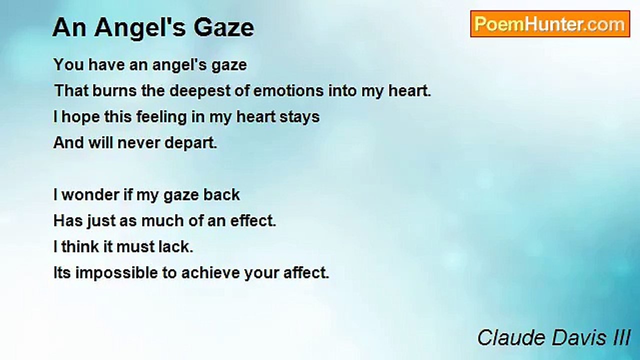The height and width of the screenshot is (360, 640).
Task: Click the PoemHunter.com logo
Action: tap(549, 24)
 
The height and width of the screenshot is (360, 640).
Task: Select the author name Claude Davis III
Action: tap(553, 337)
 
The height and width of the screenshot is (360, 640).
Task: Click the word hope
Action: tap(78, 117)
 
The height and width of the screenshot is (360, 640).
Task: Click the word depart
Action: tap(192, 143)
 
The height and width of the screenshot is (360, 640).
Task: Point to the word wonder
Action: tap(89, 195)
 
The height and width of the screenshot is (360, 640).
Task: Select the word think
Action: tap(79, 247)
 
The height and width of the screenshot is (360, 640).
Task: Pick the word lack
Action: tap(179, 247)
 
